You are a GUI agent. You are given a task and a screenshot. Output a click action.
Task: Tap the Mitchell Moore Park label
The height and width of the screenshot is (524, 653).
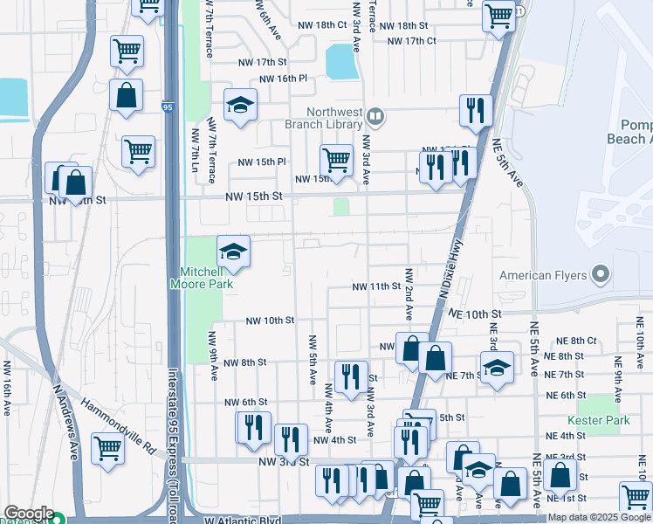click(x=201, y=278)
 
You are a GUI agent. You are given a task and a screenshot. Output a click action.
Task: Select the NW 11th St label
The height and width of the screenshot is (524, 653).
click(x=376, y=286)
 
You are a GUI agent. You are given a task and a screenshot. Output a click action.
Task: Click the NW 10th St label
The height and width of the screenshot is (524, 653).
click(x=270, y=321)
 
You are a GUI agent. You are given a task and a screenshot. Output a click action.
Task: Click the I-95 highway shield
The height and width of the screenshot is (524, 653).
click(x=167, y=107)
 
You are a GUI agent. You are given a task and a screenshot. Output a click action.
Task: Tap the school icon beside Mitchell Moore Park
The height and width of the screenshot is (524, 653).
click(x=233, y=252)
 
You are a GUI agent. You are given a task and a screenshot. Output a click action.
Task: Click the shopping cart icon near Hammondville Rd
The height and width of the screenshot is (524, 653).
click(x=107, y=450)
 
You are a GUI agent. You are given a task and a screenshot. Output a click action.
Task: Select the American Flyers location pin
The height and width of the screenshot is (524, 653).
click(x=599, y=276)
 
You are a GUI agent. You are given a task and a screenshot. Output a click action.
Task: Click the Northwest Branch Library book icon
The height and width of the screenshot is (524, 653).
click(x=375, y=115)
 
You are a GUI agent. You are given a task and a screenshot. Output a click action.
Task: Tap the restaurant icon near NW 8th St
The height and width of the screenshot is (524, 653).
click(x=351, y=376)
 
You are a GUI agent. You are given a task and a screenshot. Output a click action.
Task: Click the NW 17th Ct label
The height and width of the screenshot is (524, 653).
click(x=411, y=41)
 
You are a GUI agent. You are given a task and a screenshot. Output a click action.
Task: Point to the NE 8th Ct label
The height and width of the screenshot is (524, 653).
click(x=577, y=341)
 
